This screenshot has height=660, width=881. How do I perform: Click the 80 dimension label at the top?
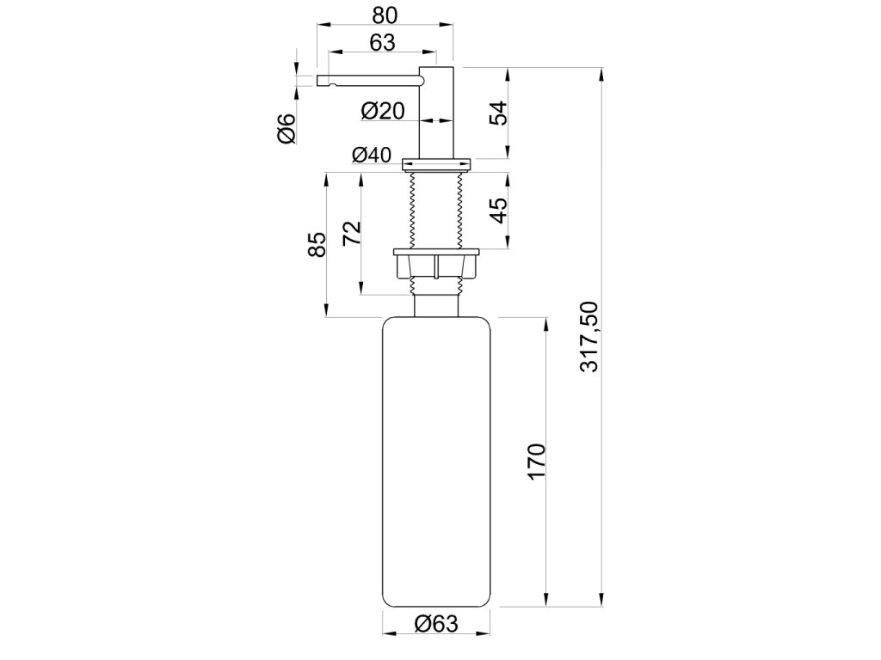coord(385,15)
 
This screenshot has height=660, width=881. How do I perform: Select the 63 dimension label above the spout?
coord(383,43)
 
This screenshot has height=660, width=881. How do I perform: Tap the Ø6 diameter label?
coord(286,128)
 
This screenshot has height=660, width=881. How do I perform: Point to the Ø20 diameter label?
coord(383,111)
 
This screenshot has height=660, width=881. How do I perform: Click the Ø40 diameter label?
coord(372,155)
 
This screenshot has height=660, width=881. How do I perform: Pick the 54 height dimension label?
coord(498,113)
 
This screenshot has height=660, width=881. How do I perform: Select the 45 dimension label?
coord(498,211)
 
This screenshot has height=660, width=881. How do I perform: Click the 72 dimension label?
coord(352,233)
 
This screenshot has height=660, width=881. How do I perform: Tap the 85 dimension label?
coord(317,244)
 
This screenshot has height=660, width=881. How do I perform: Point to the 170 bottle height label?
coord(537,461)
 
